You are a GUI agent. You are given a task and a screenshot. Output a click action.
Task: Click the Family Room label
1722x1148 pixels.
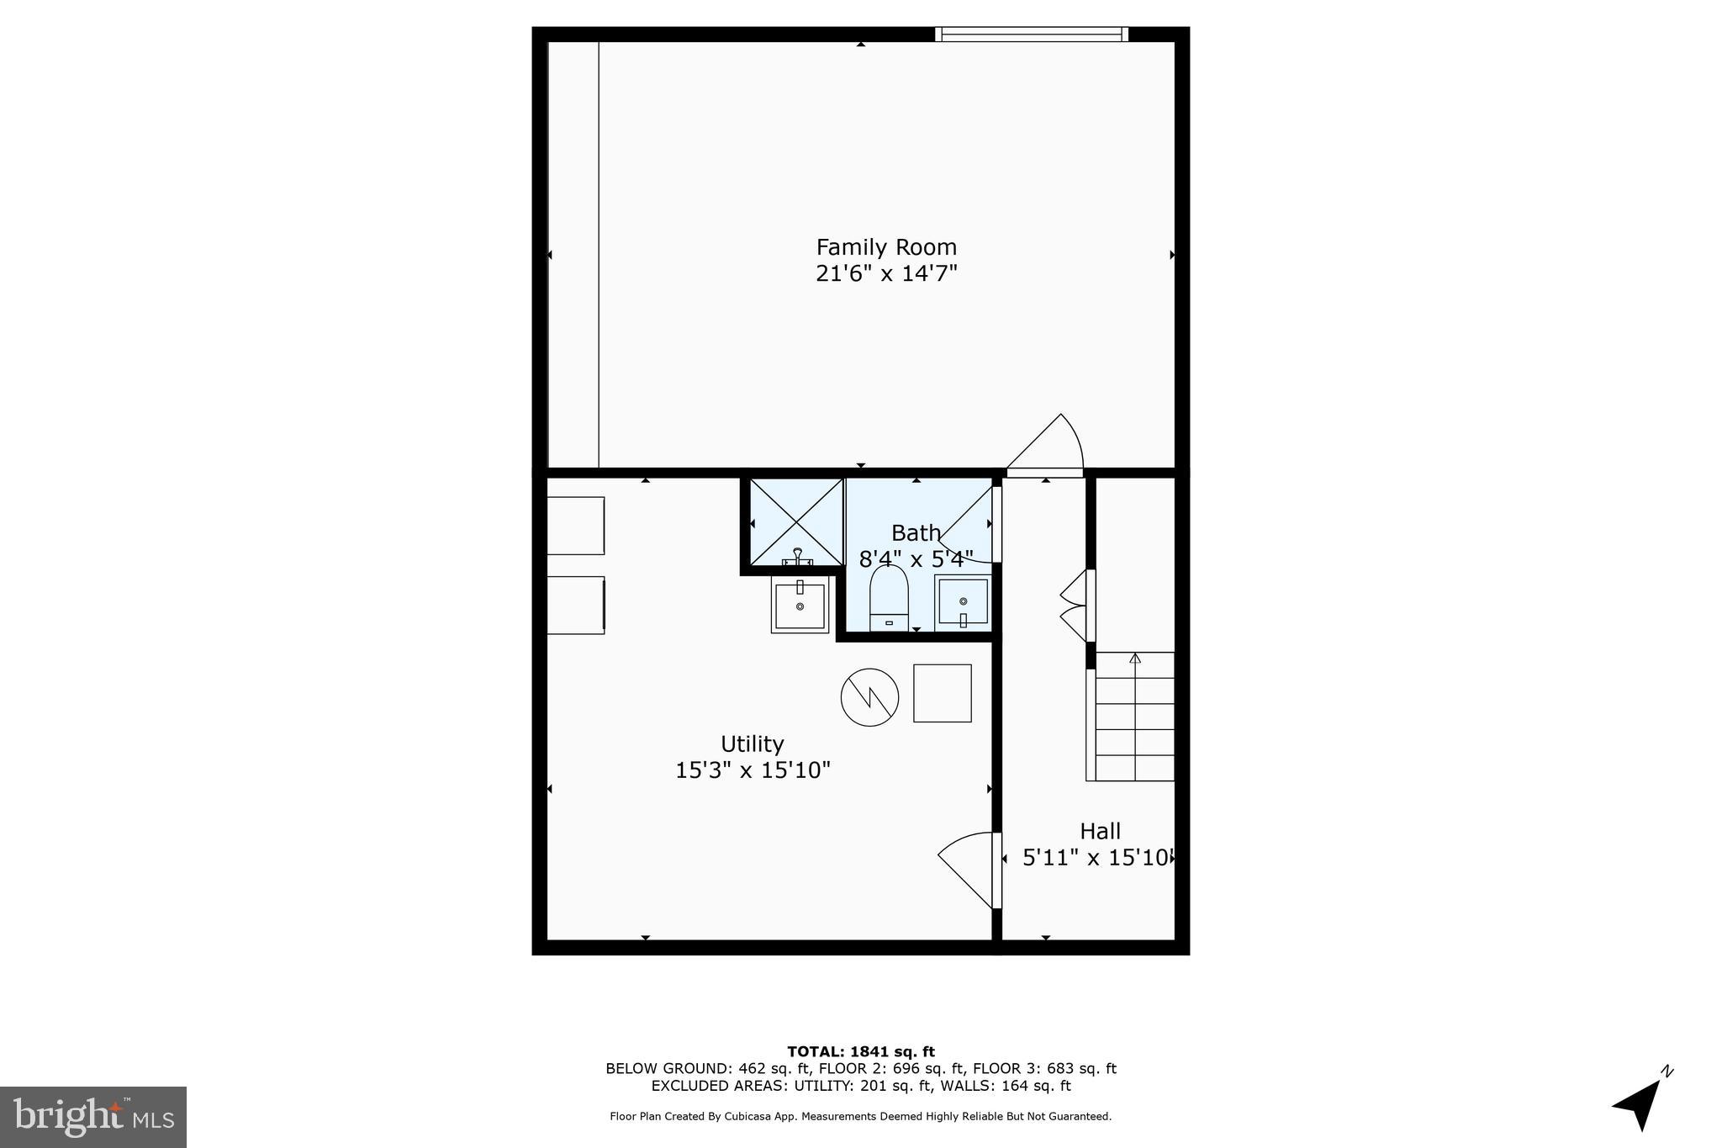(886, 247)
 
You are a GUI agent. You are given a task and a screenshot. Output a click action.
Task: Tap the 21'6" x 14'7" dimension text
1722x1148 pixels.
(886, 274)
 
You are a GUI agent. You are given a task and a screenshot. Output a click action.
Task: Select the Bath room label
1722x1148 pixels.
(916, 533)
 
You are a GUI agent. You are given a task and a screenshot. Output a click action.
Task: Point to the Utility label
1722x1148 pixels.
(752, 744)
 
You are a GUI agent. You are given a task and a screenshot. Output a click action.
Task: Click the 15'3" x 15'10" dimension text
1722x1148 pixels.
(753, 770)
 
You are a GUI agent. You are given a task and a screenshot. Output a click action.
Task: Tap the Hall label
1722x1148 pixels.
(1100, 832)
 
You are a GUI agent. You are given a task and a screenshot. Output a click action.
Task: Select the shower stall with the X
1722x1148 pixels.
(795, 521)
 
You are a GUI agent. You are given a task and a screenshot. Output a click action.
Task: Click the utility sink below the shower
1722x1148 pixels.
(800, 605)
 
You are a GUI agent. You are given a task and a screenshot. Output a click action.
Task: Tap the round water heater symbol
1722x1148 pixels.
(869, 697)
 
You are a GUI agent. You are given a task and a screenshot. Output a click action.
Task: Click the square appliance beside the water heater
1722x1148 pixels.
(943, 693)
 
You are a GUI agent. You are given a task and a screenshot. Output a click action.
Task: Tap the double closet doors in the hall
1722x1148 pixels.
(1074, 606)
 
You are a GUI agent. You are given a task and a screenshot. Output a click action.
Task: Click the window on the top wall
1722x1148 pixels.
(1031, 34)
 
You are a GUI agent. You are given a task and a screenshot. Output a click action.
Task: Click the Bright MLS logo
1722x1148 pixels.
(93, 1117)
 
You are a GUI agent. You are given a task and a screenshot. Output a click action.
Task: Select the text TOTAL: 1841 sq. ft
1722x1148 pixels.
(860, 1051)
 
